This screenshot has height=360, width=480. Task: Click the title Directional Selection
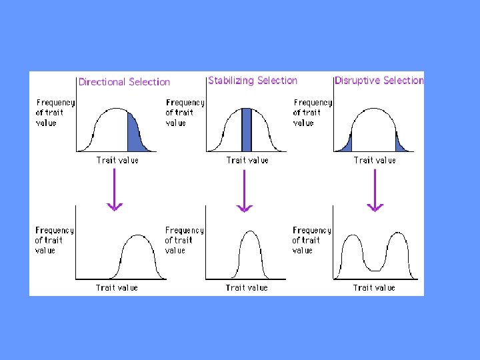pyautogui.click(x=124, y=82)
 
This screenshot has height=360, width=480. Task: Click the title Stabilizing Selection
pyautogui.click(x=253, y=81)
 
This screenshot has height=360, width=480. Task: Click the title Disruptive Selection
pyautogui.click(x=379, y=81)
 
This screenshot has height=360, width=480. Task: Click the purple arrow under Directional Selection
pyautogui.click(x=115, y=190)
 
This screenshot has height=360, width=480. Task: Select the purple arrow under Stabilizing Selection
pyautogui.click(x=245, y=191)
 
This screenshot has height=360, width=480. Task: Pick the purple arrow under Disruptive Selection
pyautogui.click(x=375, y=191)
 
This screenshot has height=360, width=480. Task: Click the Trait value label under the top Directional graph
pyautogui.click(x=117, y=161)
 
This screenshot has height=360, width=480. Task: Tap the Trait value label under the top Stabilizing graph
pyautogui.click(x=247, y=160)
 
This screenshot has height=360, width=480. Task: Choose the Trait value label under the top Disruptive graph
pyautogui.click(x=375, y=160)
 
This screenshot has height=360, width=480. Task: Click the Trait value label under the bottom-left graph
pyautogui.click(x=117, y=288)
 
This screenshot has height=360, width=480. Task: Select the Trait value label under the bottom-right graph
pyautogui.click(x=374, y=288)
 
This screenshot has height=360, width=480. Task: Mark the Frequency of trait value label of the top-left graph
pyautogui.click(x=55, y=113)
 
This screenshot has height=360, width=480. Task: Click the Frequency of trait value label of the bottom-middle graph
pyautogui.click(x=185, y=240)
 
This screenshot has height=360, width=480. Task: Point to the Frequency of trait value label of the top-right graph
pyautogui.click(x=313, y=113)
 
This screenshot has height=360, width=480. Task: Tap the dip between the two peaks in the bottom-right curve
pyautogui.click(x=375, y=269)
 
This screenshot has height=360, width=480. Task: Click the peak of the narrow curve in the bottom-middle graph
pyautogui.click(x=247, y=231)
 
